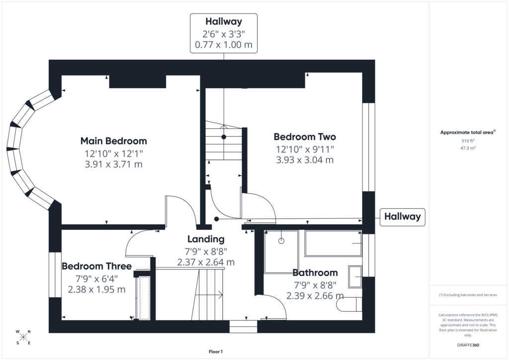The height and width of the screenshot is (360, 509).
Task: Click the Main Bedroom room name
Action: click(114, 141)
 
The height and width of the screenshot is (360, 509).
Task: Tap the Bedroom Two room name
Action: click(305, 137)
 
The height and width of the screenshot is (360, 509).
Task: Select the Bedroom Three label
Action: click(97, 266)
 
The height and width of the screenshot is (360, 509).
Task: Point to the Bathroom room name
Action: click(315, 272)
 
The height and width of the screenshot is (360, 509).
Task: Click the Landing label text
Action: click(206, 239)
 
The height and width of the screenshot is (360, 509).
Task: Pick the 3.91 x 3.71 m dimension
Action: click(114, 164)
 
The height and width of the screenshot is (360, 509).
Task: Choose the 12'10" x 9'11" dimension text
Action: click(305, 149)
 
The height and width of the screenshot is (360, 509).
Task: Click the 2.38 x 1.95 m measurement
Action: click(96, 289)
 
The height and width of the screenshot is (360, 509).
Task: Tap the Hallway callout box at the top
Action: click(224, 33)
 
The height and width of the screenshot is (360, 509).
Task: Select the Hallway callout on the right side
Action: click(402, 217)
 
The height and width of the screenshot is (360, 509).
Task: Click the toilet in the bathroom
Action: click(349, 304)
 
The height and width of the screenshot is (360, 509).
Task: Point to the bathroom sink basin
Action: click(355, 276)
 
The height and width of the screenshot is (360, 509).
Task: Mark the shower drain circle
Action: click(281, 241)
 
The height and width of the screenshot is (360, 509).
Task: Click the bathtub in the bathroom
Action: click(334, 244)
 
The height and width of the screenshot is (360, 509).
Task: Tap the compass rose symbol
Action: click(23, 337)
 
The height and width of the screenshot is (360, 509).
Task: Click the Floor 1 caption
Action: click(216, 352)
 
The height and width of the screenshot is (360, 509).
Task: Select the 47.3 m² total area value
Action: click(468, 148)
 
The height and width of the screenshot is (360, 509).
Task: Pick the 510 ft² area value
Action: click(468, 141)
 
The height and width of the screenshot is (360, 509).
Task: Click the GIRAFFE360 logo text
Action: click(468, 345)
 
